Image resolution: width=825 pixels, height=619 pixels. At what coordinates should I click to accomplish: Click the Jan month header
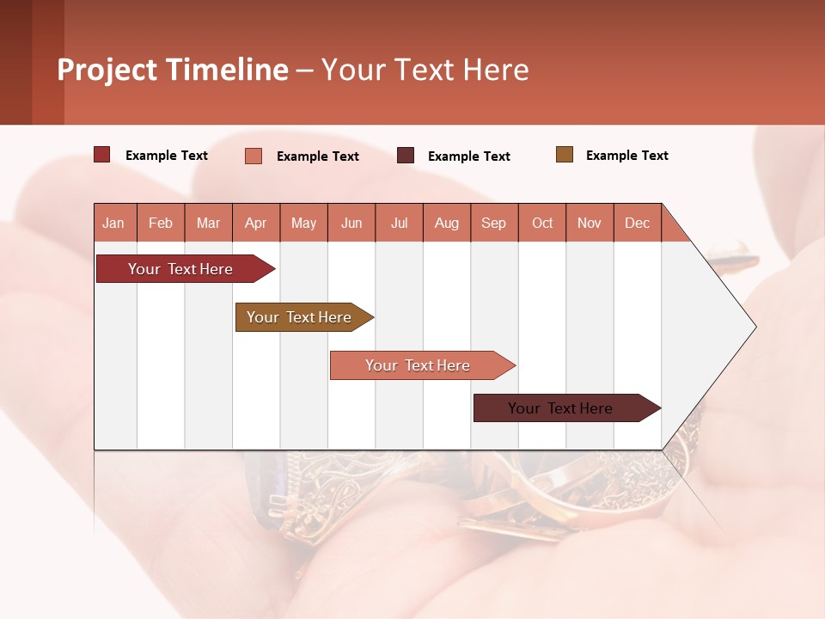pyautogui.click(x=114, y=223)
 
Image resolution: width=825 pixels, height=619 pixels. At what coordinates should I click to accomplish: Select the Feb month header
pyautogui.click(x=161, y=223)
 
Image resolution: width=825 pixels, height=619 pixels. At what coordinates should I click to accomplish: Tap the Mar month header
pyautogui.click(x=208, y=223)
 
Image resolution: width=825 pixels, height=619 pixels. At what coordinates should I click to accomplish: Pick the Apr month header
pyautogui.click(x=256, y=223)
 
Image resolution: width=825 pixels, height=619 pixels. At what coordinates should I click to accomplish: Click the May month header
pyautogui.click(x=303, y=223)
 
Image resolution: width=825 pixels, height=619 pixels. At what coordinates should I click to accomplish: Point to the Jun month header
pyautogui.click(x=351, y=223)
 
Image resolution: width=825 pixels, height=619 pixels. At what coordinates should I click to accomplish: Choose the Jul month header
pyautogui.click(x=399, y=223)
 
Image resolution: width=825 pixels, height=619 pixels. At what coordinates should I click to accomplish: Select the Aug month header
pyautogui.click(x=447, y=223)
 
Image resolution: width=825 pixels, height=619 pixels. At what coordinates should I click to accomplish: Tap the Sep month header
pyautogui.click(x=494, y=223)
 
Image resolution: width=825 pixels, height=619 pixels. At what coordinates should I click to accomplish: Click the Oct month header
pyautogui.click(x=542, y=223)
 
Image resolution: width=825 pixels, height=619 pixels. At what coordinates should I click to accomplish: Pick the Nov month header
pyautogui.click(x=590, y=223)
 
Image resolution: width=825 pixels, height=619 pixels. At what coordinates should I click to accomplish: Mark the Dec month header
pyautogui.click(x=637, y=223)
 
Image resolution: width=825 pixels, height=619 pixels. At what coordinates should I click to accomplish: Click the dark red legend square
pyautogui.click(x=102, y=155)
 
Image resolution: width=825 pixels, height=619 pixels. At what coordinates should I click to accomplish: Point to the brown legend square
pyautogui.click(x=564, y=155)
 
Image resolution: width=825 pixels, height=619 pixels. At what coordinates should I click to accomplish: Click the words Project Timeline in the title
pyautogui.click(x=173, y=70)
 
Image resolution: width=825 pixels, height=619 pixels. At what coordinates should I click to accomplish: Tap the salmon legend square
pyautogui.click(x=254, y=156)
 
